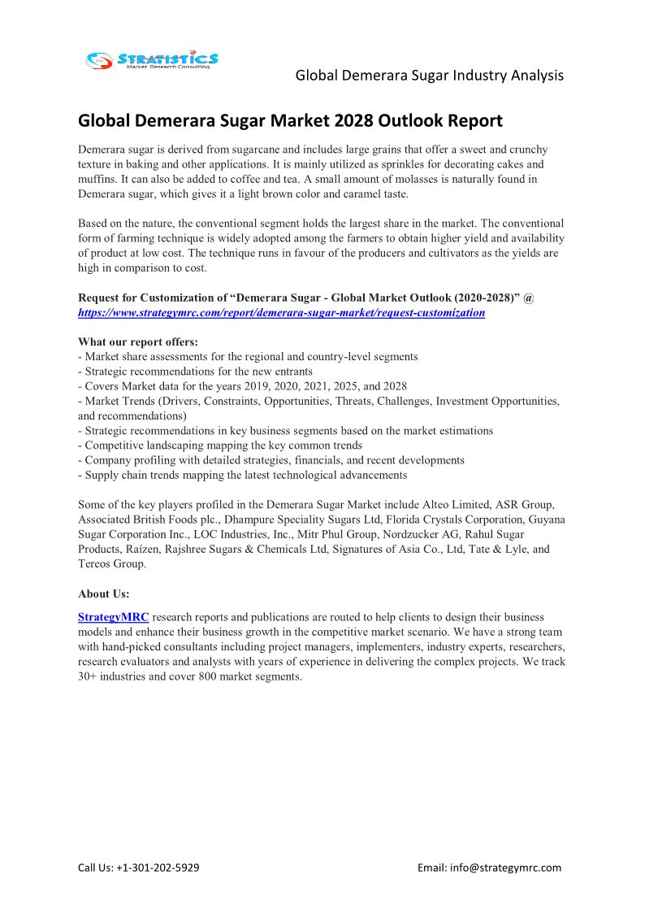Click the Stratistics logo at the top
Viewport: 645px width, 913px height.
click(152, 59)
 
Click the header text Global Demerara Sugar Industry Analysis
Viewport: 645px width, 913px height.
click(429, 76)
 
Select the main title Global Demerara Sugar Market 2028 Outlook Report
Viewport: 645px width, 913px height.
click(290, 121)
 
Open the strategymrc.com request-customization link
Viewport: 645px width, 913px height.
click(281, 312)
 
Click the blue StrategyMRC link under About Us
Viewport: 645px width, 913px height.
click(113, 617)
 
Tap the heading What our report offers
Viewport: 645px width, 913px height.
click(138, 341)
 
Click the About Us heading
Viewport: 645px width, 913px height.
click(104, 593)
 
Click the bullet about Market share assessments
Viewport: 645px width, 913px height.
click(248, 356)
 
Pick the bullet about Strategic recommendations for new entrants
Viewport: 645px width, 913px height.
click(195, 371)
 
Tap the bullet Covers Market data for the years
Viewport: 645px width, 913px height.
click(242, 386)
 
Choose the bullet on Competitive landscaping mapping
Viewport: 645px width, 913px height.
click(219, 446)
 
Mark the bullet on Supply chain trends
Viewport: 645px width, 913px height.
click(242, 475)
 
